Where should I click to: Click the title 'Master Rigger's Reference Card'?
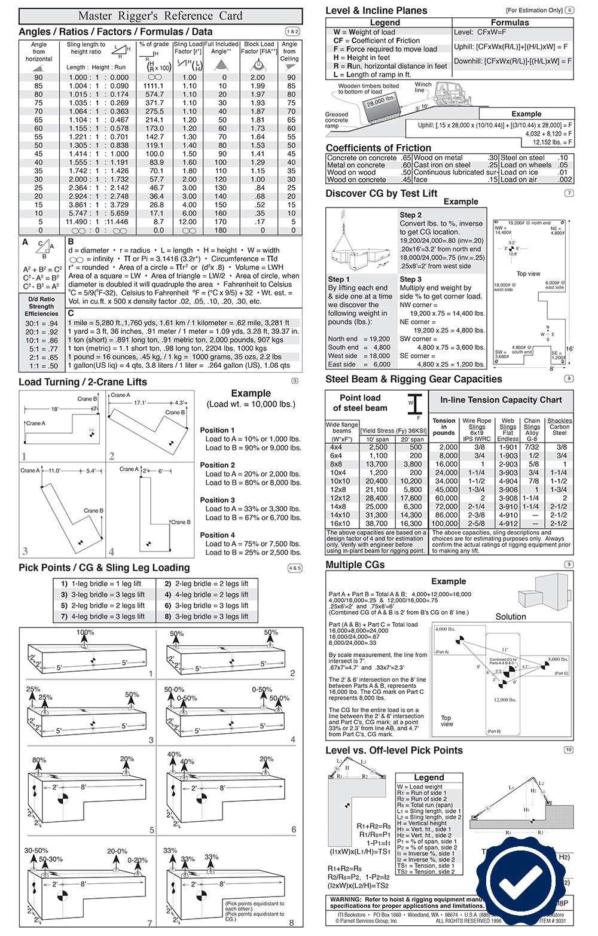point(160,16)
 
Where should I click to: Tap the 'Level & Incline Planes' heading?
point(376,10)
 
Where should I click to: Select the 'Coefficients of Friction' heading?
point(378,148)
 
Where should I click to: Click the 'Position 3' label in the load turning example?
point(217,500)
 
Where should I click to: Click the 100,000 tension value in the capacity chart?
point(445,523)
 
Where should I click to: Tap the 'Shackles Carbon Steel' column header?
point(559,426)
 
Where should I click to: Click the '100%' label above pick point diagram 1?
point(85,632)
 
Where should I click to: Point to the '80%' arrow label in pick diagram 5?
point(39,760)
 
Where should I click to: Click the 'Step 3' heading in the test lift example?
point(410,279)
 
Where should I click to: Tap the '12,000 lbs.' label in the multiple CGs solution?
point(505,700)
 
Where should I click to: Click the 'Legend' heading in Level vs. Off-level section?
point(429,777)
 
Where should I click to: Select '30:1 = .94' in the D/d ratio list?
point(41,324)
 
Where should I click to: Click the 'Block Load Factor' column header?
point(259,48)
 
